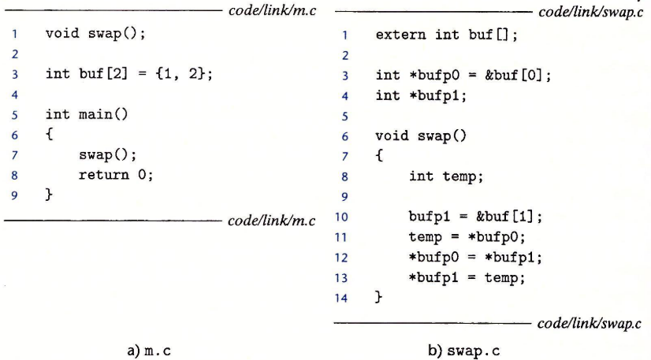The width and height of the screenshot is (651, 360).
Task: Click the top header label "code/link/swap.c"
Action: [589, 14]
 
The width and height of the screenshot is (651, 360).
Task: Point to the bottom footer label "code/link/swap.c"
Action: [589, 324]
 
